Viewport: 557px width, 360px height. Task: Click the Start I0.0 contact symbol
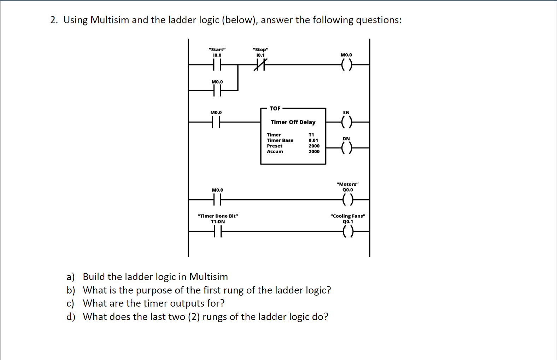(217, 65)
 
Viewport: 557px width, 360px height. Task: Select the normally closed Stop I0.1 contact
(260, 65)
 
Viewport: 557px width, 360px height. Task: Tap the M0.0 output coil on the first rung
(346, 65)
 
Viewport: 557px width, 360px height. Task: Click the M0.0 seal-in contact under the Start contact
(217, 91)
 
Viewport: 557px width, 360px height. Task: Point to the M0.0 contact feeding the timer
(216, 122)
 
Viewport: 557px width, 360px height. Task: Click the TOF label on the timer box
(275, 109)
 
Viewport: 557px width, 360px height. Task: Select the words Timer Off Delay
(293, 122)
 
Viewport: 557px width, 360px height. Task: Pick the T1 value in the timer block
(311, 135)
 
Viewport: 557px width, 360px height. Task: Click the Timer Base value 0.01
(313, 140)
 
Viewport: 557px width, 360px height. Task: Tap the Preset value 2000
(314, 146)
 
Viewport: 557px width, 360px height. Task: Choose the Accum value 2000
(314, 151)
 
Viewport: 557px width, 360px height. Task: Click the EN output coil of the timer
(347, 122)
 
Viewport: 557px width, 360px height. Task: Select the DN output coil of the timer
(347, 148)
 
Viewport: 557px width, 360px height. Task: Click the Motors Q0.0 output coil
(348, 199)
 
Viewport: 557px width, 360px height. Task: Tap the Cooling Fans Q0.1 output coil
(348, 232)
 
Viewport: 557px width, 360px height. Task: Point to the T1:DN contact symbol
(218, 232)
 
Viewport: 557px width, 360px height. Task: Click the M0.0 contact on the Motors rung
(217, 200)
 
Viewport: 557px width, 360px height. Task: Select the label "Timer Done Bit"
(218, 216)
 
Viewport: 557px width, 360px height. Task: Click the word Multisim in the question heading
(110, 20)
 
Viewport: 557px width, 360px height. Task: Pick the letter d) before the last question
(71, 317)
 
